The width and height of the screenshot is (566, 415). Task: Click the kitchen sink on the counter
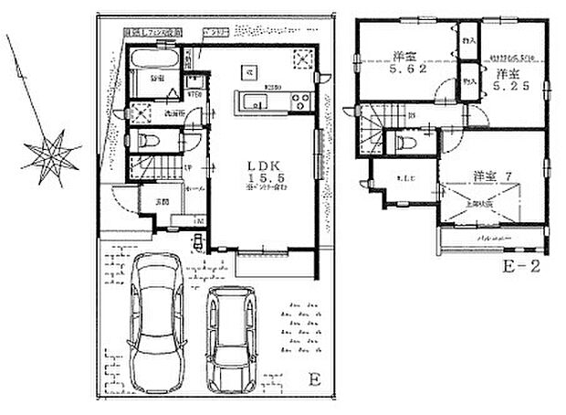click(257, 98)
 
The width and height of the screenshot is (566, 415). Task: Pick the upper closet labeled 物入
click(469, 41)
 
